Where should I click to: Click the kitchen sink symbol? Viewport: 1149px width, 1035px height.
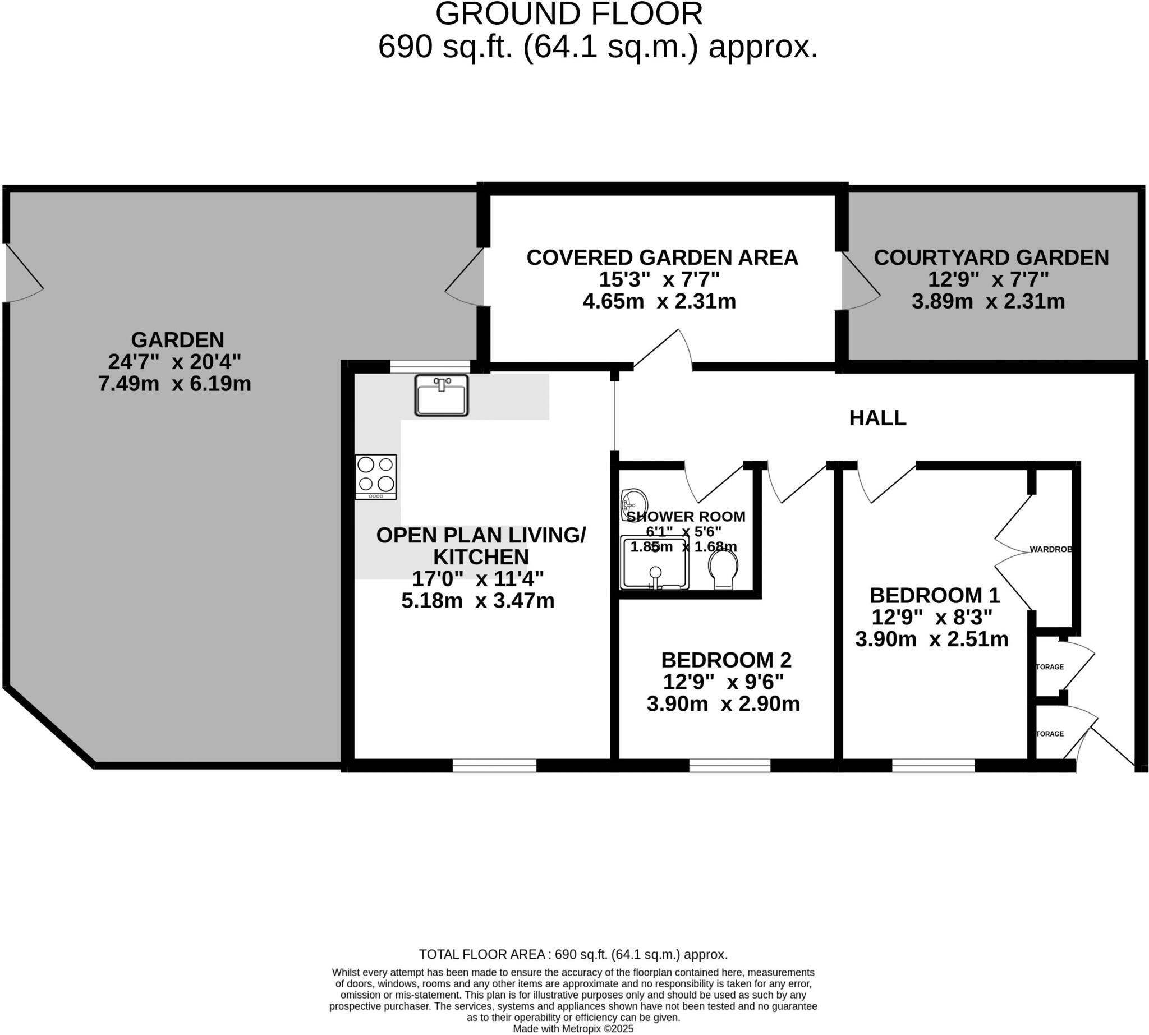click(441, 395)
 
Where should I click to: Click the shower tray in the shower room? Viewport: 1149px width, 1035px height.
click(655, 563)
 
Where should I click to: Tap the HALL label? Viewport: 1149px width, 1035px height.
click(877, 418)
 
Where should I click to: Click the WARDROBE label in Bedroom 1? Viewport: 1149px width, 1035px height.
click(1051, 549)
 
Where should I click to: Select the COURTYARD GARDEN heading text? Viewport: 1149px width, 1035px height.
click(991, 257)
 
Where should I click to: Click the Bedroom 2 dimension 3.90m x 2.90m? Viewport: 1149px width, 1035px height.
click(723, 704)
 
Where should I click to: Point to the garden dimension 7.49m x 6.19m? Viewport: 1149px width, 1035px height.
click(174, 384)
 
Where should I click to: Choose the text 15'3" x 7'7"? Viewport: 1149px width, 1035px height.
click(659, 280)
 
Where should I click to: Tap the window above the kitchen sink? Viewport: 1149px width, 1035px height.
click(430, 366)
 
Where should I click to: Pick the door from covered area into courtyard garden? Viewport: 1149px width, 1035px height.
click(859, 282)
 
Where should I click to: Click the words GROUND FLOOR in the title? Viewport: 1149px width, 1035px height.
click(569, 13)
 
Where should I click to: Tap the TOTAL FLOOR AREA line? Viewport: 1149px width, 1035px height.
click(573, 954)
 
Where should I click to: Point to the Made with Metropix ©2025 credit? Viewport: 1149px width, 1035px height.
click(573, 1029)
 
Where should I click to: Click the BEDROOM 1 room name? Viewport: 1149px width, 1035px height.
click(934, 595)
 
